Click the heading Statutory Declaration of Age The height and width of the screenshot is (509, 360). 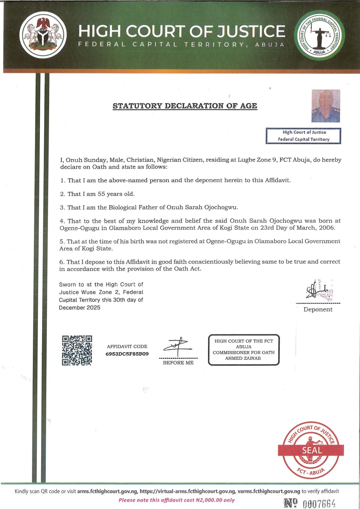(185, 106)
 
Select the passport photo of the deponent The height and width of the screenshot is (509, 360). (326, 106)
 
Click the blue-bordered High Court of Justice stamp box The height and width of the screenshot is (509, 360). (303, 136)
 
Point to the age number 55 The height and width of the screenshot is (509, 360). (101, 194)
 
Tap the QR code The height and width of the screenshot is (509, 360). (77, 351)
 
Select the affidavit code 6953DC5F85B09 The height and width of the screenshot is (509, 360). (127, 354)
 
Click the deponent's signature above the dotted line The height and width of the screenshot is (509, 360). (318, 290)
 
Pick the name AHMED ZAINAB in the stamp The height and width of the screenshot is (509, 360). (243, 358)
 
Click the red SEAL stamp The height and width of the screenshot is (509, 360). (311, 450)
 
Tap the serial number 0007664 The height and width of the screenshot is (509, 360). (319, 503)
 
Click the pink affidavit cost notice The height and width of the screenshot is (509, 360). (176, 500)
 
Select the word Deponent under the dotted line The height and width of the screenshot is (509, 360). (318, 309)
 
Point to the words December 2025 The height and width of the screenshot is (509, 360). (80, 307)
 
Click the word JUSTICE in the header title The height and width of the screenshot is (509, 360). (251, 31)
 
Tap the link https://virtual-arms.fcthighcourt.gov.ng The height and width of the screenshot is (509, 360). (187, 491)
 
